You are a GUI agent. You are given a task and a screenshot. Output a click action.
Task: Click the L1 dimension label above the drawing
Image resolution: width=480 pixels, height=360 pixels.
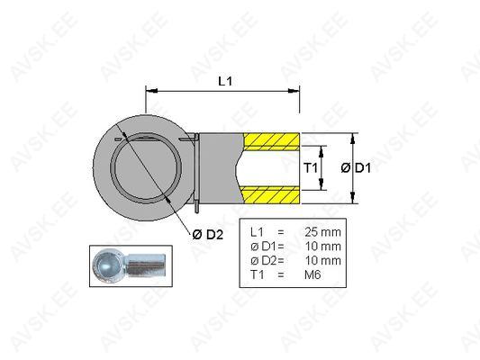pos(225,81)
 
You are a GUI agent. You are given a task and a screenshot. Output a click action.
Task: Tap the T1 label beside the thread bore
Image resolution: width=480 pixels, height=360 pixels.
pos(310,168)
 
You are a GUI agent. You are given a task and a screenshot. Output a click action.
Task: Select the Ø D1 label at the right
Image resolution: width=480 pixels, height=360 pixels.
pos(356,168)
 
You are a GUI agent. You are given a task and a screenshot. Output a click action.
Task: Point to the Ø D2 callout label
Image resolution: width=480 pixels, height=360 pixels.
pos(208,235)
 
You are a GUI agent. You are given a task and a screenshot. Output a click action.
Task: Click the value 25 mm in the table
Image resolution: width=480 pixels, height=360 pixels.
pos(322,232)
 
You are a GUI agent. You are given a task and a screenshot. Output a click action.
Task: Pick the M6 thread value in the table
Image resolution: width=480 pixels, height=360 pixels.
pos(312,274)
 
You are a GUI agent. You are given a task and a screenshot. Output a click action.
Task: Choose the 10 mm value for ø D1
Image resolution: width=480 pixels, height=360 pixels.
pos(322,247)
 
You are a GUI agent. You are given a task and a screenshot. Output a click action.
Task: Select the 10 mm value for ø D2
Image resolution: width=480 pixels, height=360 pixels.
pos(322,261)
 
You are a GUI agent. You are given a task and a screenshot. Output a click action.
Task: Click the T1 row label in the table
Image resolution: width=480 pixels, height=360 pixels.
pos(258,274)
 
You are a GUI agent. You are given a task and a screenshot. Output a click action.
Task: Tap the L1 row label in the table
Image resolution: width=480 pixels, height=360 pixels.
pos(257,232)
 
